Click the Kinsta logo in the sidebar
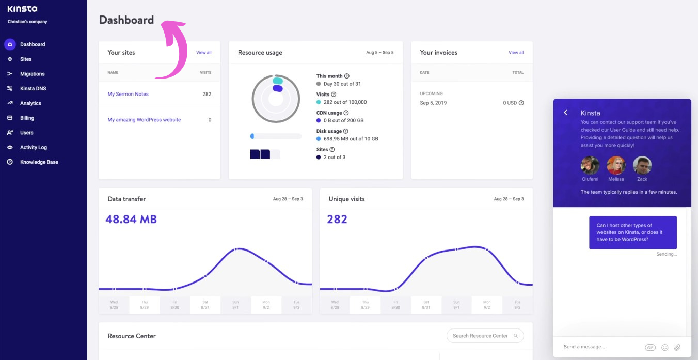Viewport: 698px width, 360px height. [x=22, y=9]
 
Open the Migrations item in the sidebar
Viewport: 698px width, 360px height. [x=32, y=74]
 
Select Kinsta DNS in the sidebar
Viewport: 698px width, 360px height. [x=33, y=88]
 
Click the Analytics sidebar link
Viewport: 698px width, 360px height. [x=30, y=103]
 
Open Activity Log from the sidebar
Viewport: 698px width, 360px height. [x=33, y=147]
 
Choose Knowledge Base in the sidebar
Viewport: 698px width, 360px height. [x=39, y=162]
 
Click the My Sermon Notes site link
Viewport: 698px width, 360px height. [x=128, y=94]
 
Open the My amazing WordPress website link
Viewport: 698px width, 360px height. [x=144, y=120]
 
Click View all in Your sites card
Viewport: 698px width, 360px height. [x=203, y=52]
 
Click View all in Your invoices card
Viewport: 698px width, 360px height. [x=516, y=52]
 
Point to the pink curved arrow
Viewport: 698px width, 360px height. [x=176, y=49]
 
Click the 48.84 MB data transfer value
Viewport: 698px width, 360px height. [x=131, y=220]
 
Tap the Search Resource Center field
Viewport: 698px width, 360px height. [x=480, y=336]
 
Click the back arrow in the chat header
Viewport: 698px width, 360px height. [x=566, y=113]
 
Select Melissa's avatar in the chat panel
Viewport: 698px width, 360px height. [x=616, y=166]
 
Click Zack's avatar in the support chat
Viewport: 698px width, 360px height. [x=642, y=166]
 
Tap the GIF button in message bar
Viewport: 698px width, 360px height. [x=650, y=347]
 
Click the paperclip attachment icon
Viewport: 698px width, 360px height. [x=677, y=347]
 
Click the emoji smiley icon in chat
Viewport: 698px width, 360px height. [x=664, y=347]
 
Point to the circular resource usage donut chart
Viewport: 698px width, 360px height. [x=276, y=98]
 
